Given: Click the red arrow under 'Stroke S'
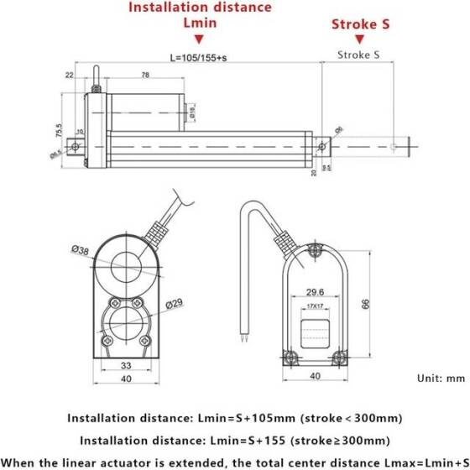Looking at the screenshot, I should pyautogui.click(x=359, y=39).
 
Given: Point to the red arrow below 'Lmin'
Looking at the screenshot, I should pyautogui.click(x=199, y=39).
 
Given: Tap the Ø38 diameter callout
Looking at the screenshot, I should pyautogui.click(x=81, y=250).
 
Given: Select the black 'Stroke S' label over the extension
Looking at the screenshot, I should pyautogui.click(x=358, y=55).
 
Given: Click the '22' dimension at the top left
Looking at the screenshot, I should pyautogui.click(x=68, y=76).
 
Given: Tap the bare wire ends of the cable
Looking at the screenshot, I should pyautogui.click(x=244, y=340).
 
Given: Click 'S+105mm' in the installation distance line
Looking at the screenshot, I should pyautogui.click(x=252, y=417).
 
